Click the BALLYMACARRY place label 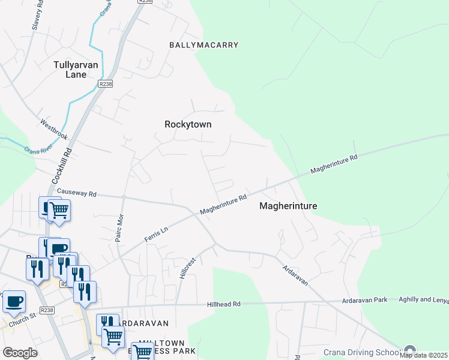[203, 45]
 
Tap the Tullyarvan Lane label [79, 70]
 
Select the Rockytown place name [188, 124]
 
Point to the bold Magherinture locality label [288, 206]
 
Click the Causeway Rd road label [76, 193]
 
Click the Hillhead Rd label [223, 304]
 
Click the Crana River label [36, 149]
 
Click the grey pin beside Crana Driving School [410, 351]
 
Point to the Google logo [20, 353]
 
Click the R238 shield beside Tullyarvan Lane [106, 85]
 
